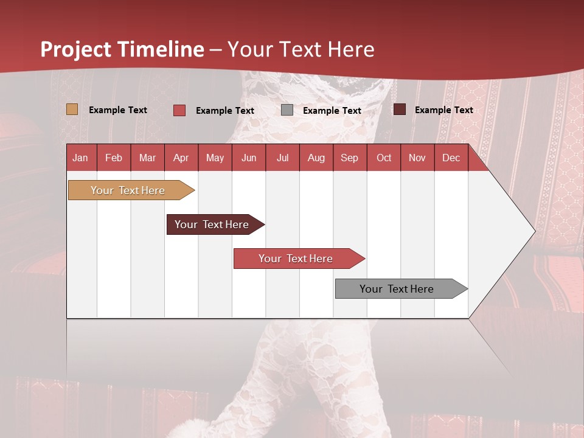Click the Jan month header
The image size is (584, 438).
coord(80,158)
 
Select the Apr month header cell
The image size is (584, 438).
coord(181,158)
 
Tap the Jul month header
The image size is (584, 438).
coord(282,158)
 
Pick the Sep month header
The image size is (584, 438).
coord(349,158)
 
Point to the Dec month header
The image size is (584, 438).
coord(451,158)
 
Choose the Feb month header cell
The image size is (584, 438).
coord(114,158)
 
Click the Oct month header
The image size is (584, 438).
coord(384,158)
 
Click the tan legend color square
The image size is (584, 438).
coord(72,109)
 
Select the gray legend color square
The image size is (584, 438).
coord(287,110)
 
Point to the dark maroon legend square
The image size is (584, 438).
coord(400,109)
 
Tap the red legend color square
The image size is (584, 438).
coord(179,110)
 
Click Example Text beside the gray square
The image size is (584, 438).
coord(332,111)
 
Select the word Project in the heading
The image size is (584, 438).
coord(76,50)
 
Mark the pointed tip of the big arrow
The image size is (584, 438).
coord(534,231)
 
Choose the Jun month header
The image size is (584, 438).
coord(249,158)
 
